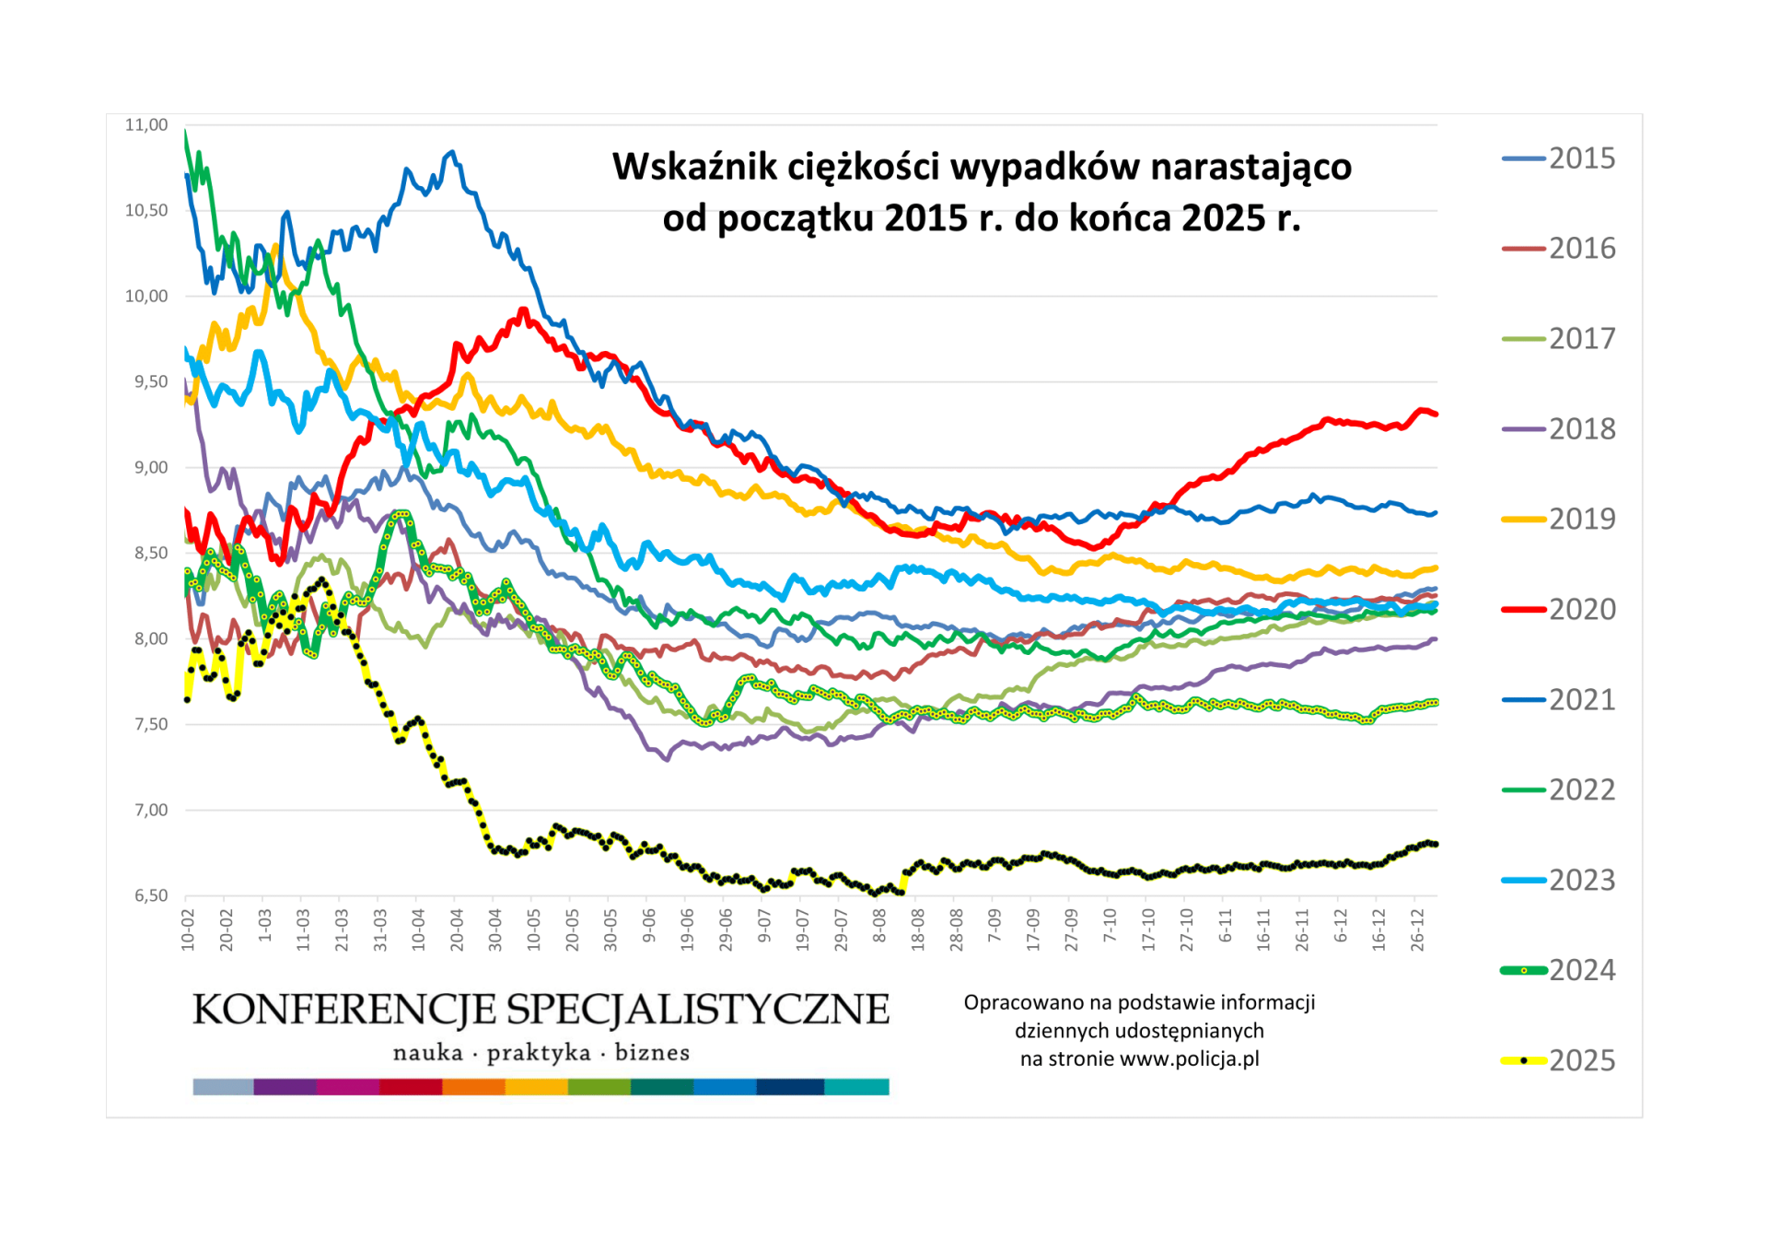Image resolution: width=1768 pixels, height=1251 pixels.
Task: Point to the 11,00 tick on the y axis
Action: tap(146, 125)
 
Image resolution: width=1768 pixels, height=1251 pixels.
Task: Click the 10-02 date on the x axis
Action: tap(189, 929)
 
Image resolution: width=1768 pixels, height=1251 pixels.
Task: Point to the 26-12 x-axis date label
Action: tap(1418, 929)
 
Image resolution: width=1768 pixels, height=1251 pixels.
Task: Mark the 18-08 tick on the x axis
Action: tap(918, 929)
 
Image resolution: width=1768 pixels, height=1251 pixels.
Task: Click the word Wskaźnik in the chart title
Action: tap(697, 168)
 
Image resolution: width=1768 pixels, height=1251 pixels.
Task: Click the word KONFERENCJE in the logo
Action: tap(343, 1010)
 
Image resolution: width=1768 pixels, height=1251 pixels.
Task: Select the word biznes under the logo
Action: tap(652, 1053)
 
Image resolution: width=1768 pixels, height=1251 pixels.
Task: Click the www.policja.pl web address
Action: tap(1189, 1059)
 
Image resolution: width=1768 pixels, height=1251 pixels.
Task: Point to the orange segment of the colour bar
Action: tap(473, 1087)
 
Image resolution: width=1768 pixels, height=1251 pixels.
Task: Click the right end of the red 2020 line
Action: tap(1436, 415)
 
